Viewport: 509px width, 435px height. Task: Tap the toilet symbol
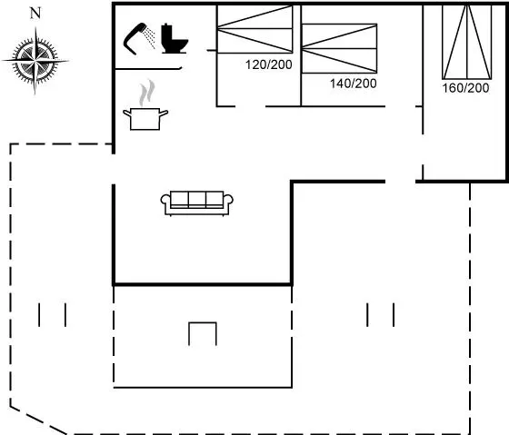175,39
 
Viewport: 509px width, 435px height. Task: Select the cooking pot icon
145,119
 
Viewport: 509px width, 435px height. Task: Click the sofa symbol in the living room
196,203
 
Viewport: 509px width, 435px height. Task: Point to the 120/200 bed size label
269,64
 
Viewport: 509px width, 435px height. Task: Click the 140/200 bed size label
354,84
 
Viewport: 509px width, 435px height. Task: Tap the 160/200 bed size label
465,88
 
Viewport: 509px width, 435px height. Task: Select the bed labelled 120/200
254,29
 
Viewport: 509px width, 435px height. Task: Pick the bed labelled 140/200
339,48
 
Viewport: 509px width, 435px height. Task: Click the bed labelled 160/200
467,42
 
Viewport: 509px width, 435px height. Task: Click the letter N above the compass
35,14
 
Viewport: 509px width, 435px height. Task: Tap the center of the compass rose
35,61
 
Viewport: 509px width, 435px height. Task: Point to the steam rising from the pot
146,93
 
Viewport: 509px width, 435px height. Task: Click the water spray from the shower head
150,37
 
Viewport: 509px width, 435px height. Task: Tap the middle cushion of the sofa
196,199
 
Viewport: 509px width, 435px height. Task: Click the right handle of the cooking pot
164,114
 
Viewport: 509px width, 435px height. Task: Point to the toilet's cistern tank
166,32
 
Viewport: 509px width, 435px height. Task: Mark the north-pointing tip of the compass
35,27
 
